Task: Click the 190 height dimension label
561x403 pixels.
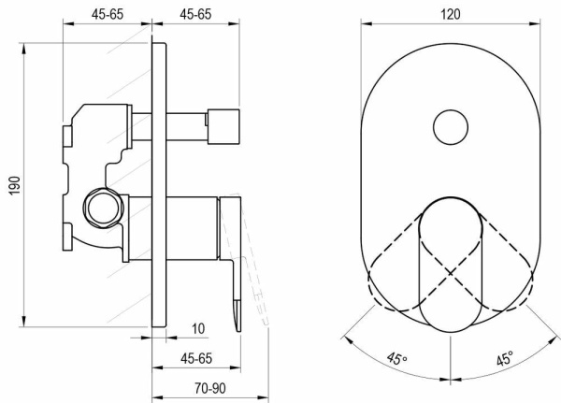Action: coord(15,185)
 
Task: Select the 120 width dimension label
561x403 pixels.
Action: coord(450,14)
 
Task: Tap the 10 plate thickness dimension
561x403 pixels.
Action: coord(198,328)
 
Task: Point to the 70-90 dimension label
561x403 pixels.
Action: coord(210,388)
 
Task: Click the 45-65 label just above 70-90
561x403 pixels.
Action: coord(196,358)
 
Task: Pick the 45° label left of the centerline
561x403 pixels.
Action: coord(396,358)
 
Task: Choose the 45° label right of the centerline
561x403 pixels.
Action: coord(505,358)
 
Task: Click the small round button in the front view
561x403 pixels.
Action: coord(451,127)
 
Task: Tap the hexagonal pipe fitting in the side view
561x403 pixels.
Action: coord(104,209)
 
